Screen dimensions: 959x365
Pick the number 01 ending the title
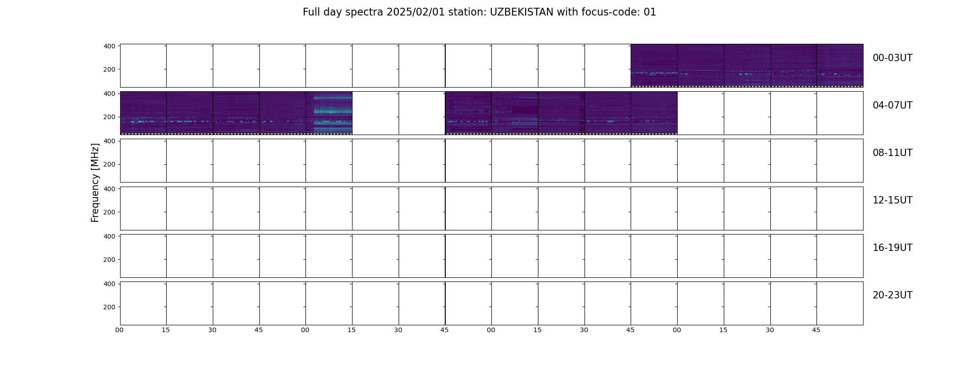pos(650,12)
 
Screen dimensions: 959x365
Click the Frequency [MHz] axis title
pos(95,182)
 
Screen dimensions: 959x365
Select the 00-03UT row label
pos(892,58)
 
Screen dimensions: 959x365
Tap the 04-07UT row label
pos(892,105)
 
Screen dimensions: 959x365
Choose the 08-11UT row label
pos(892,153)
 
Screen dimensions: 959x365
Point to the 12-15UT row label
pos(892,200)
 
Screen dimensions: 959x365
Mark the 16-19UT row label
pos(892,248)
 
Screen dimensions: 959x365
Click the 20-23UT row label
pos(892,295)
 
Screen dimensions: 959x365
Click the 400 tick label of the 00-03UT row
pos(109,46)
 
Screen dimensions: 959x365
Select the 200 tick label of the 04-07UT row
pos(109,117)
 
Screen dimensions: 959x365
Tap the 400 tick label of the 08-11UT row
pos(109,141)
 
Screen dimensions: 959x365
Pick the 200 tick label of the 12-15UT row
pos(109,212)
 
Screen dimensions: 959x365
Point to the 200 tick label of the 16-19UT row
pos(109,260)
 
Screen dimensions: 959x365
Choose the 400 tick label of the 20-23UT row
pos(109,284)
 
